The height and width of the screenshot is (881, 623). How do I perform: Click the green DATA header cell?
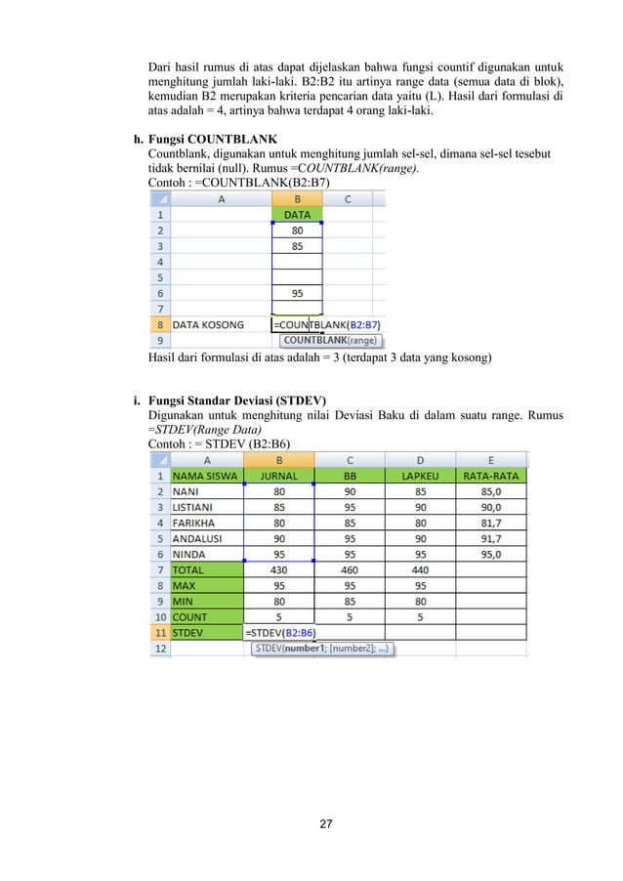[x=297, y=214]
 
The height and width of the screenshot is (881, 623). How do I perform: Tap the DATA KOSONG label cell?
[x=208, y=324]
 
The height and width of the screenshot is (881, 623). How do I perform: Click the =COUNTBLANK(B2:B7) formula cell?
[x=327, y=324]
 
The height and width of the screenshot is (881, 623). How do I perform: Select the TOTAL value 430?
[x=279, y=569]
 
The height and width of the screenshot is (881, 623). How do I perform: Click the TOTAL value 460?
[x=350, y=569]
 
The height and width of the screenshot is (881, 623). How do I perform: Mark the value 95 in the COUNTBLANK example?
[x=297, y=292]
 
